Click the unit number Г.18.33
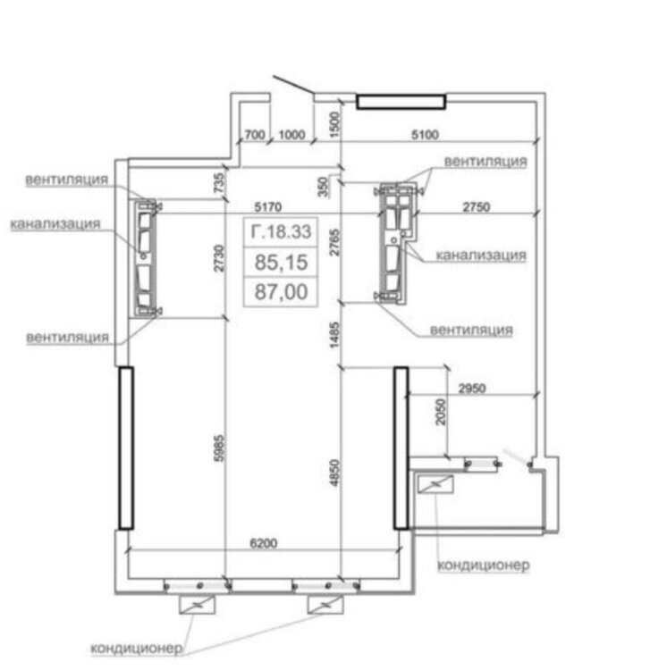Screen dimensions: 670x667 pos(281,233)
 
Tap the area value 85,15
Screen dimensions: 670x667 pos(281,264)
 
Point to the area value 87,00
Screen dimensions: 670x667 pos(281,291)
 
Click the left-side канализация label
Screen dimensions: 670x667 pos(55,223)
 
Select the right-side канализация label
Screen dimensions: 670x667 pos(480,255)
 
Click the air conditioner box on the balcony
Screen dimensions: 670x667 pos(435,484)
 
